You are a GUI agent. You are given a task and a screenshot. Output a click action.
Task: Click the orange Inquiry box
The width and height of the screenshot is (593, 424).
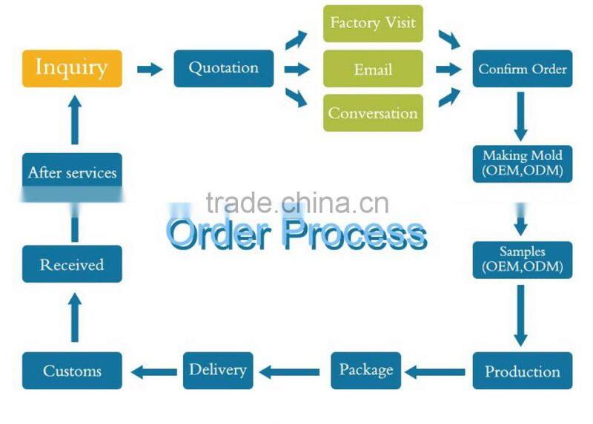click(x=72, y=68)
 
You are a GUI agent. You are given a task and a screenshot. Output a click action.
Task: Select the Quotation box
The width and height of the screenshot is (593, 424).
click(x=223, y=68)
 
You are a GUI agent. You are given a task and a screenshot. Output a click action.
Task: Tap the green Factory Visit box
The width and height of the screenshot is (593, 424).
click(x=373, y=23)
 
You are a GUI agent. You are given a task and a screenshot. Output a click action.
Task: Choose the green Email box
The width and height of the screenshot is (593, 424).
click(x=373, y=69)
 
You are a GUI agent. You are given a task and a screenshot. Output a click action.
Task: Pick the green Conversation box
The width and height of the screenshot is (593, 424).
click(x=373, y=113)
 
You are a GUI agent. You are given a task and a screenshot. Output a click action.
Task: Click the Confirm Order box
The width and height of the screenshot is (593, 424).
click(x=523, y=69)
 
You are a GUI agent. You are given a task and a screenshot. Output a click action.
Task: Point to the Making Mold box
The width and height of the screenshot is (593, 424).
click(x=523, y=164)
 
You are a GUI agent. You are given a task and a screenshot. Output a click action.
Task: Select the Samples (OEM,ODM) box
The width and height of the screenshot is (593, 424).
click(x=523, y=259)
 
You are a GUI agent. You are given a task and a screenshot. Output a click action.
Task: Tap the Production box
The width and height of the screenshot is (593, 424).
click(x=523, y=371)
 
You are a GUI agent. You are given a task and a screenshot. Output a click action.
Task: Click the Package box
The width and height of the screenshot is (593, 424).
click(x=365, y=369)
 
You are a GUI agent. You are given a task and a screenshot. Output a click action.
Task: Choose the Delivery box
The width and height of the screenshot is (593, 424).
click(x=218, y=369)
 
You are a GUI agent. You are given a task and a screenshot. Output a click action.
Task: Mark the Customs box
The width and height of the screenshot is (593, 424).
click(x=72, y=371)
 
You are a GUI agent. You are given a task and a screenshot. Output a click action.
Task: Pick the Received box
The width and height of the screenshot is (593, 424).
click(x=72, y=264)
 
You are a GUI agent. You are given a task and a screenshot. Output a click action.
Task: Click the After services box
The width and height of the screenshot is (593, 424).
click(x=72, y=173)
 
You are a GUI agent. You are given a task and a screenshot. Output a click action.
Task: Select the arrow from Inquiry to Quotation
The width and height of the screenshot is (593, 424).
click(x=149, y=69)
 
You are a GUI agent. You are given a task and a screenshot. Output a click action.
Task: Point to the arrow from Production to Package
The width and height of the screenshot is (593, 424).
click(x=437, y=371)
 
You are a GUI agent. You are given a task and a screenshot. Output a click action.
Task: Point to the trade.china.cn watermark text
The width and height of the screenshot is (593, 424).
click(x=296, y=202)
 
